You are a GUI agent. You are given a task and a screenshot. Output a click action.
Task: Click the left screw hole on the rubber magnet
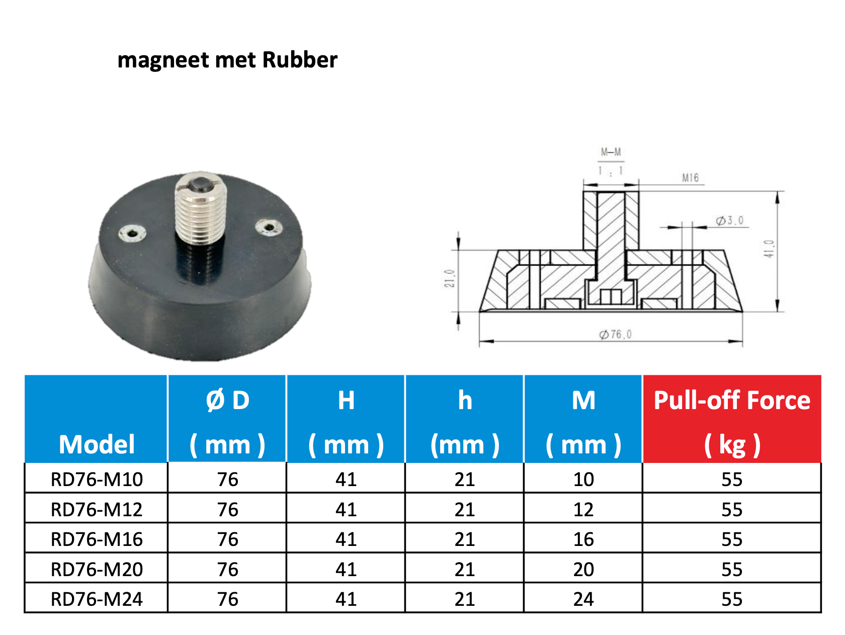point(132,233)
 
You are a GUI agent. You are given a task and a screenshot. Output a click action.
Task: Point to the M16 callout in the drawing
point(690,178)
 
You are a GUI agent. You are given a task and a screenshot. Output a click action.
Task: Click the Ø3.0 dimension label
point(730,221)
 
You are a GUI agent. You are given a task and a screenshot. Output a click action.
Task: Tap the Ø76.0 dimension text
point(615,334)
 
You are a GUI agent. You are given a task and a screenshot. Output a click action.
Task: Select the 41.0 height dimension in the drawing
point(769,249)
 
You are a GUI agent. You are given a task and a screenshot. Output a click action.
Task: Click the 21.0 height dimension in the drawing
point(449,278)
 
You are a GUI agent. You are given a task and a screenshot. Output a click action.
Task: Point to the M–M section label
point(611,152)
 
